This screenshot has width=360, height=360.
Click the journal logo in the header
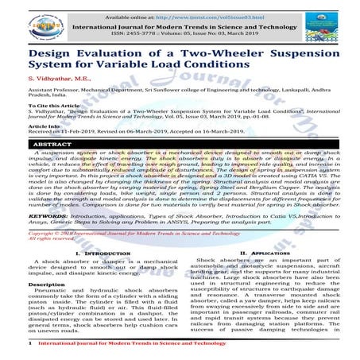[x=22, y=20]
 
